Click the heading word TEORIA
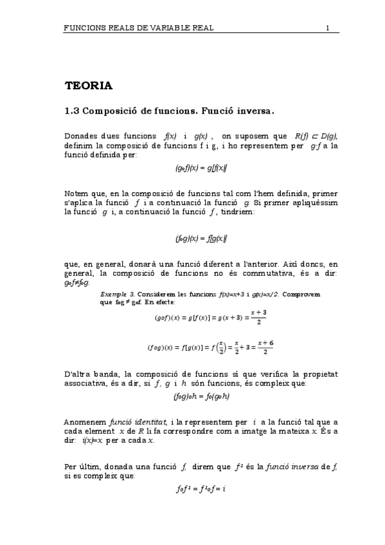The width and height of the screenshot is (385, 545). coord(89,85)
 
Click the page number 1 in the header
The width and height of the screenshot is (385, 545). coord(327,28)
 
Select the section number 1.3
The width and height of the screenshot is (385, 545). coord(71,111)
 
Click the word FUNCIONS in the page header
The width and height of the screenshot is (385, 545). coord(87,28)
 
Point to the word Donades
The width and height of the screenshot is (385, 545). coord(81,136)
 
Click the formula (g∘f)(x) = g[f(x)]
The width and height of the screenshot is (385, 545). coord(201,168)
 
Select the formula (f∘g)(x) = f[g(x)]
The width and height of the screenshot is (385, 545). coord(201,238)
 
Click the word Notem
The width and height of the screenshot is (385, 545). coord(77,194)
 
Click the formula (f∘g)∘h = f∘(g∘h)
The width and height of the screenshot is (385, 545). coord(201,397)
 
